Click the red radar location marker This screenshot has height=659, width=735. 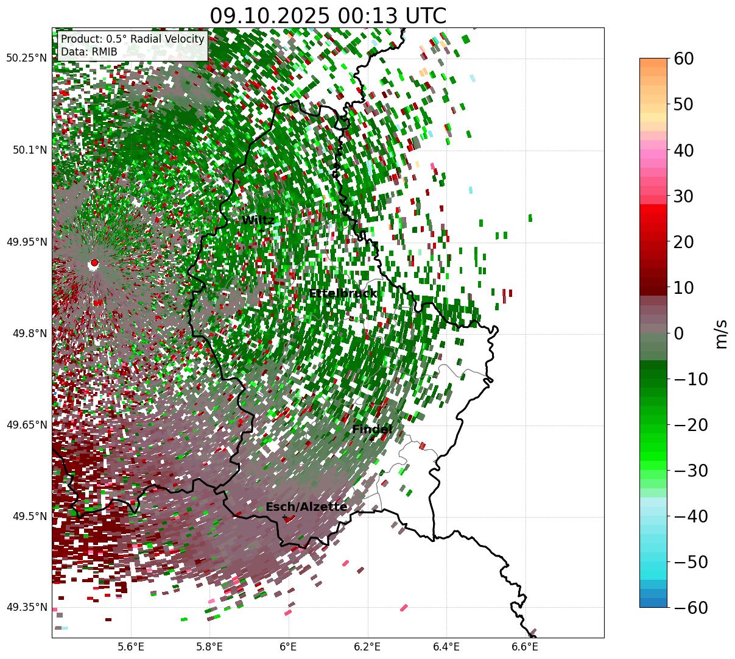tap(94, 263)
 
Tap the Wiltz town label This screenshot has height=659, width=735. tap(258, 221)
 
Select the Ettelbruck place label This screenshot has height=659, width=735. tap(343, 294)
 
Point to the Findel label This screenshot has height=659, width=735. tap(372, 430)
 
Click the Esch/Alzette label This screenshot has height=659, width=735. tap(306, 507)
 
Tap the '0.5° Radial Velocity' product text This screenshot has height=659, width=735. tap(155, 39)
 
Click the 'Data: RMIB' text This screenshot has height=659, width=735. tap(89, 52)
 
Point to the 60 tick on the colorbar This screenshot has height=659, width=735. tap(684, 59)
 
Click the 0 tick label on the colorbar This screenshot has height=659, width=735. tap(678, 333)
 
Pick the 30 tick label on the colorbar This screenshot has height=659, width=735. tap(684, 196)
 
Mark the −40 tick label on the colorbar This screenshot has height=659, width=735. tap(691, 516)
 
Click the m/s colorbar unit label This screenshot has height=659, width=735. tap(721, 333)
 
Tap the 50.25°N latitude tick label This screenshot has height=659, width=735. tap(26, 59)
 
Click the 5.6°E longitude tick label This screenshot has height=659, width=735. tap(131, 646)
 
